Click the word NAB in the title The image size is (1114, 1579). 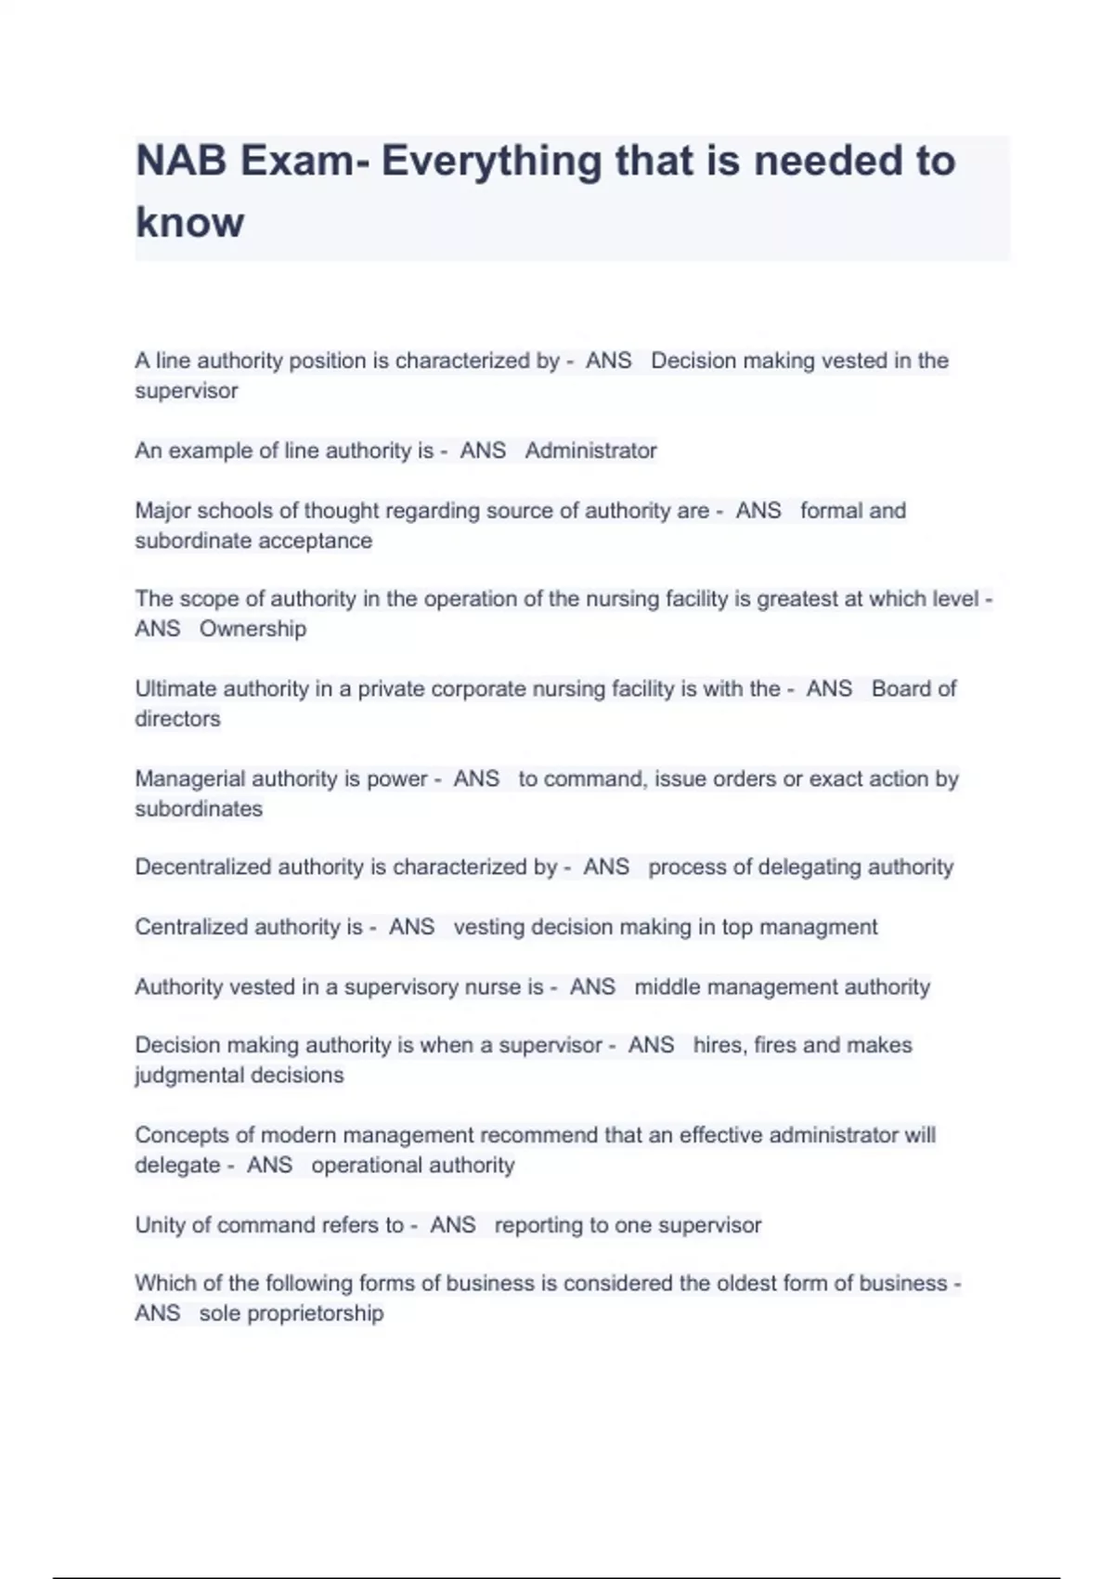coord(181,162)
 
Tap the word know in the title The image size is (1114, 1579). coord(189,223)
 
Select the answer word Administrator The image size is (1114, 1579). coord(590,451)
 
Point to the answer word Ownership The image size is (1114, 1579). coord(253,629)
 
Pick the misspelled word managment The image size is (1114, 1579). coord(818,927)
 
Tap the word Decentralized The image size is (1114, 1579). coord(202,868)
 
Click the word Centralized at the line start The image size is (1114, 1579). coord(191,927)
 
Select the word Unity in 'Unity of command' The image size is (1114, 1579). coord(160,1225)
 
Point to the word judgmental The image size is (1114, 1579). coord(184,1076)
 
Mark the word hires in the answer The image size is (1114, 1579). coord(717,1046)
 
